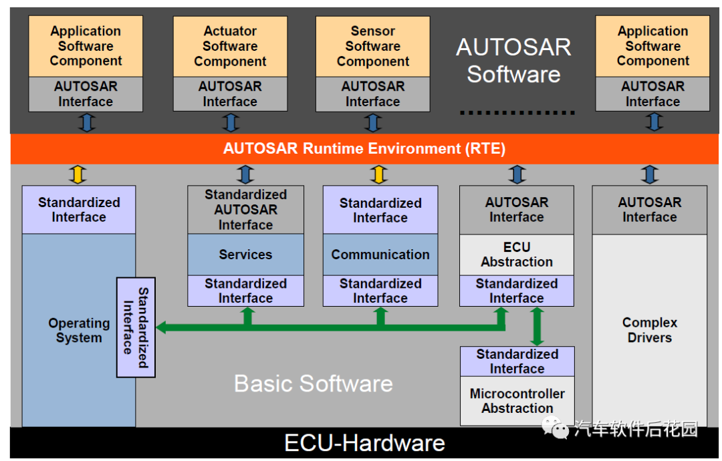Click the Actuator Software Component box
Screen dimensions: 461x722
[x=230, y=46]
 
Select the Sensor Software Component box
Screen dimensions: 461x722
[x=372, y=46]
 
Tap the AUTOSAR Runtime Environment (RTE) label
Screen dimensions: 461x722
[x=364, y=148]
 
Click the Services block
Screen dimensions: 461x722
[x=245, y=255]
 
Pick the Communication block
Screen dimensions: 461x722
[x=380, y=255]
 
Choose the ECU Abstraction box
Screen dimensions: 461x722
[x=517, y=255]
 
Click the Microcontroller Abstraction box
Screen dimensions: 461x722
[x=517, y=401]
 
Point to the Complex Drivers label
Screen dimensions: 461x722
[x=649, y=330]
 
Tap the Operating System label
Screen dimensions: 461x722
[x=79, y=330]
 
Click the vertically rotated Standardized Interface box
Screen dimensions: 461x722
[x=136, y=327]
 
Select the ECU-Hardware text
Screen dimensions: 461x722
[x=364, y=443]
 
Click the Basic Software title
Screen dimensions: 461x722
[x=314, y=383]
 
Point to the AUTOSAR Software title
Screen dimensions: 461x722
[x=513, y=60]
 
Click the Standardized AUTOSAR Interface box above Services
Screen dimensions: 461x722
[x=245, y=210]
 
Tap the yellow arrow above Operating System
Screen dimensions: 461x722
[x=79, y=174]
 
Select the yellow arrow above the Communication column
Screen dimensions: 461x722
[x=380, y=174]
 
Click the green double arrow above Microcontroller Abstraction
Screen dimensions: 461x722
[x=536, y=326]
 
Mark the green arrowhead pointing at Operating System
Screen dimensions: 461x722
[x=162, y=327]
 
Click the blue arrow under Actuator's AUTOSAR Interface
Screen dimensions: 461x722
[x=231, y=122]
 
